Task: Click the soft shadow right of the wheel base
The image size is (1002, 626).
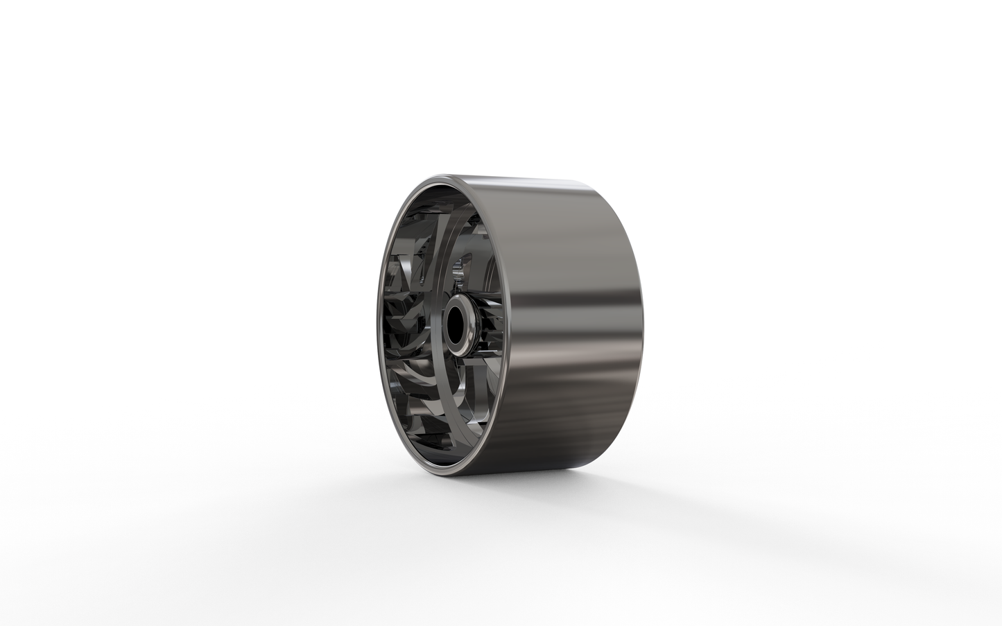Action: click(693, 485)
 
